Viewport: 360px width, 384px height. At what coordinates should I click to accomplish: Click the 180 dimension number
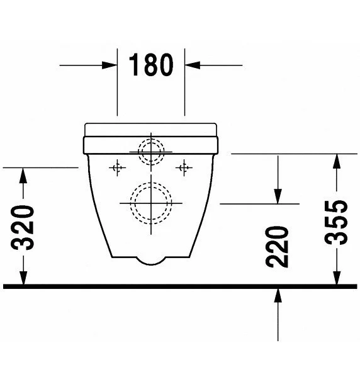(x=151, y=65)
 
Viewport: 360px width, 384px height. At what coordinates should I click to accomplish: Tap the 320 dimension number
(x=23, y=227)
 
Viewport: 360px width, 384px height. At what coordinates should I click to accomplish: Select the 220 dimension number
(x=277, y=247)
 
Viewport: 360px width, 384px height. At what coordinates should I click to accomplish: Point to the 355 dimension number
(x=336, y=222)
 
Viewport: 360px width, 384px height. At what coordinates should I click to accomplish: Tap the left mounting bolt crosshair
(x=117, y=167)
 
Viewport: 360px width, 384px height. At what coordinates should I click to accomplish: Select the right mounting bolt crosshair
(x=184, y=167)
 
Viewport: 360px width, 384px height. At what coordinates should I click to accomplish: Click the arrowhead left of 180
(x=110, y=65)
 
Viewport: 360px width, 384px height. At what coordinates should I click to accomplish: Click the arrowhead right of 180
(x=193, y=65)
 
